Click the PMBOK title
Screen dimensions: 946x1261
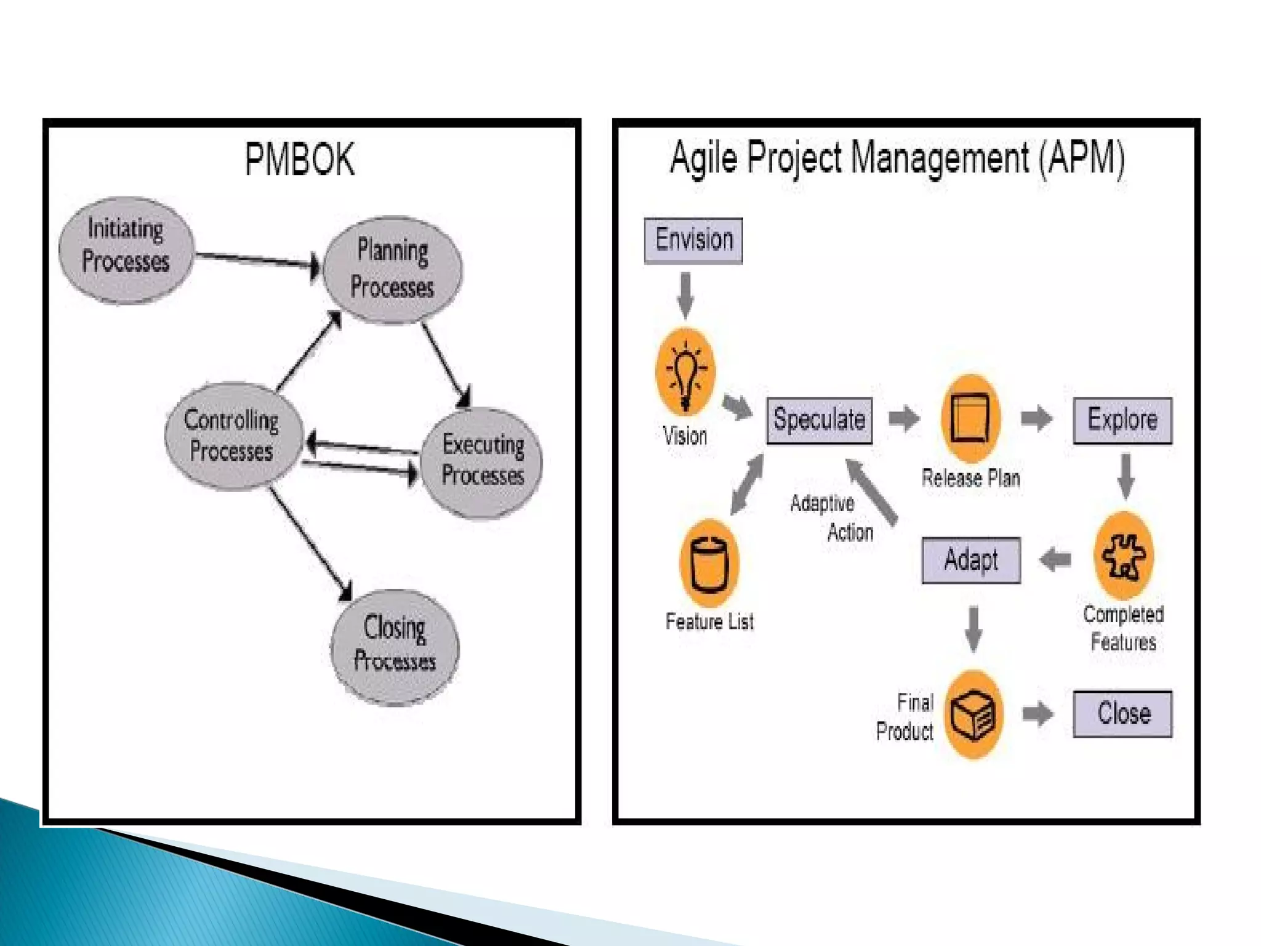[300, 160]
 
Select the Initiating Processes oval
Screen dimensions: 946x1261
[126, 249]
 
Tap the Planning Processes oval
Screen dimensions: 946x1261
[393, 269]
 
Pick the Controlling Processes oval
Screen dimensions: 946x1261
[233, 435]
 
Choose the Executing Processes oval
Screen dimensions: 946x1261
[482, 461]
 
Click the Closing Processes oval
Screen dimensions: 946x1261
[395, 646]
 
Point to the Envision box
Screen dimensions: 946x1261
[693, 240]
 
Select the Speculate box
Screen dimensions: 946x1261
[820, 420]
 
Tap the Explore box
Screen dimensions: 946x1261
[1122, 420]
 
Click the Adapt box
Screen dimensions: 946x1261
[971, 560]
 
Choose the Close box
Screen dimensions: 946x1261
[1122, 713]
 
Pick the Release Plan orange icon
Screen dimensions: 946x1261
[970, 419]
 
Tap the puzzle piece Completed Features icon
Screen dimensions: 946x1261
[1123, 556]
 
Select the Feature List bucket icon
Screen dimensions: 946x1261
[709, 564]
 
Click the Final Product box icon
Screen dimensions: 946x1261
[973, 715]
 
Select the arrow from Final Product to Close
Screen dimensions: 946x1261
[1038, 714]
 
